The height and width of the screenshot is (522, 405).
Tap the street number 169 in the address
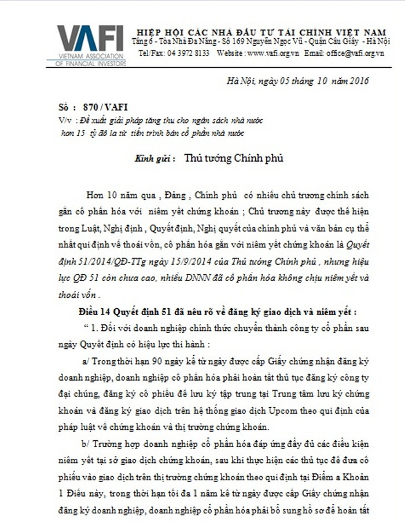click(x=252, y=42)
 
